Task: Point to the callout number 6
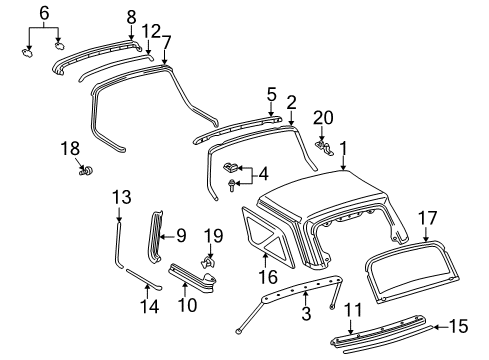pos(43,12)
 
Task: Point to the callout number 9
pos(180,236)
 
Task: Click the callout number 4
pos(263,173)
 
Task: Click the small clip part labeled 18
pos(83,170)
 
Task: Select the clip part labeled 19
pos(208,263)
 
